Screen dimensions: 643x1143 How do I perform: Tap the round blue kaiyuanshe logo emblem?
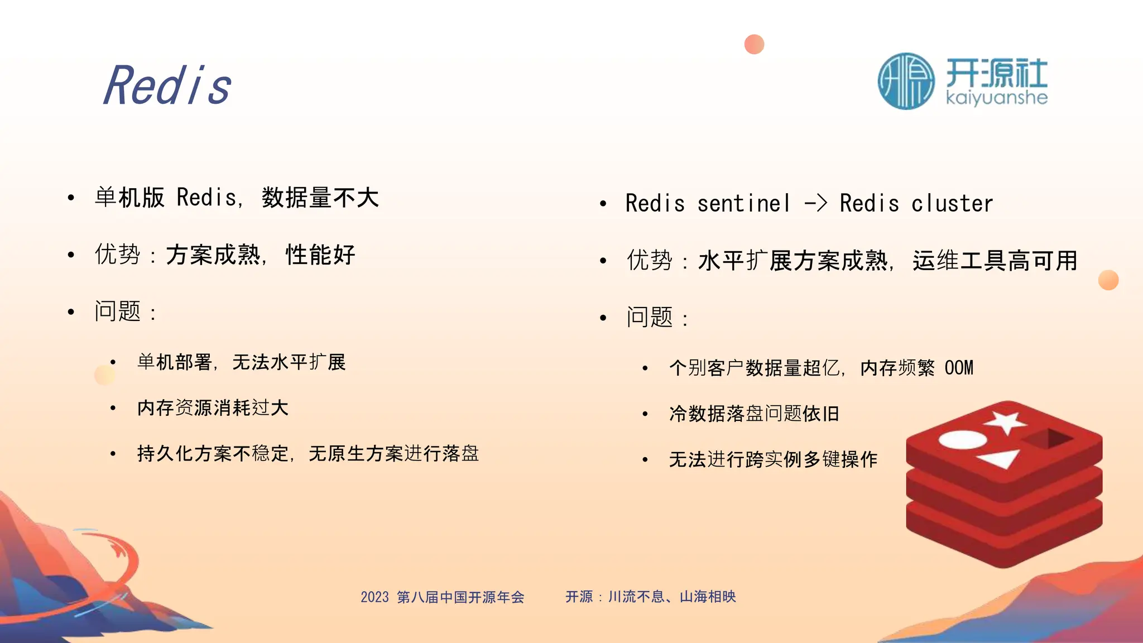tap(906, 81)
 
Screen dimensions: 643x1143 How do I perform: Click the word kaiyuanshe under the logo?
tap(997, 98)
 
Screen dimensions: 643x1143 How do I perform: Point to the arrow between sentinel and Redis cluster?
tap(815, 203)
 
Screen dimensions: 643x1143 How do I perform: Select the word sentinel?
tap(744, 203)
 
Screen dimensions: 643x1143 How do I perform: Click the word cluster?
tap(952, 203)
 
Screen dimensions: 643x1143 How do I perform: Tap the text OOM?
tap(959, 368)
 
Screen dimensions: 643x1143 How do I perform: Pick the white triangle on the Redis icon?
tap(999, 459)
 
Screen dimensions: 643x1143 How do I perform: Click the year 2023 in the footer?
tap(374, 597)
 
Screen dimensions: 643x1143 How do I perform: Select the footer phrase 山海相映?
tap(708, 597)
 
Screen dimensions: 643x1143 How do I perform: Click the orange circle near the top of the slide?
tap(754, 44)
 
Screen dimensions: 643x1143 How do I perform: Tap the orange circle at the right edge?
tap(1108, 280)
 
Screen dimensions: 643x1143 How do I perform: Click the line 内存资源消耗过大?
tap(213, 408)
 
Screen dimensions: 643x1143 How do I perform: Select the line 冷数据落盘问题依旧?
tap(754, 414)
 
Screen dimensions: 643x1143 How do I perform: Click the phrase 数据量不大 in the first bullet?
tap(320, 198)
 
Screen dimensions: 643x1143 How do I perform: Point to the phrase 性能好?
tap(320, 255)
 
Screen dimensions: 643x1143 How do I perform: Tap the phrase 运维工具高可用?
tap(995, 261)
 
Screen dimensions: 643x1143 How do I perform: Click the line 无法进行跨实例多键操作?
tap(773, 459)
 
